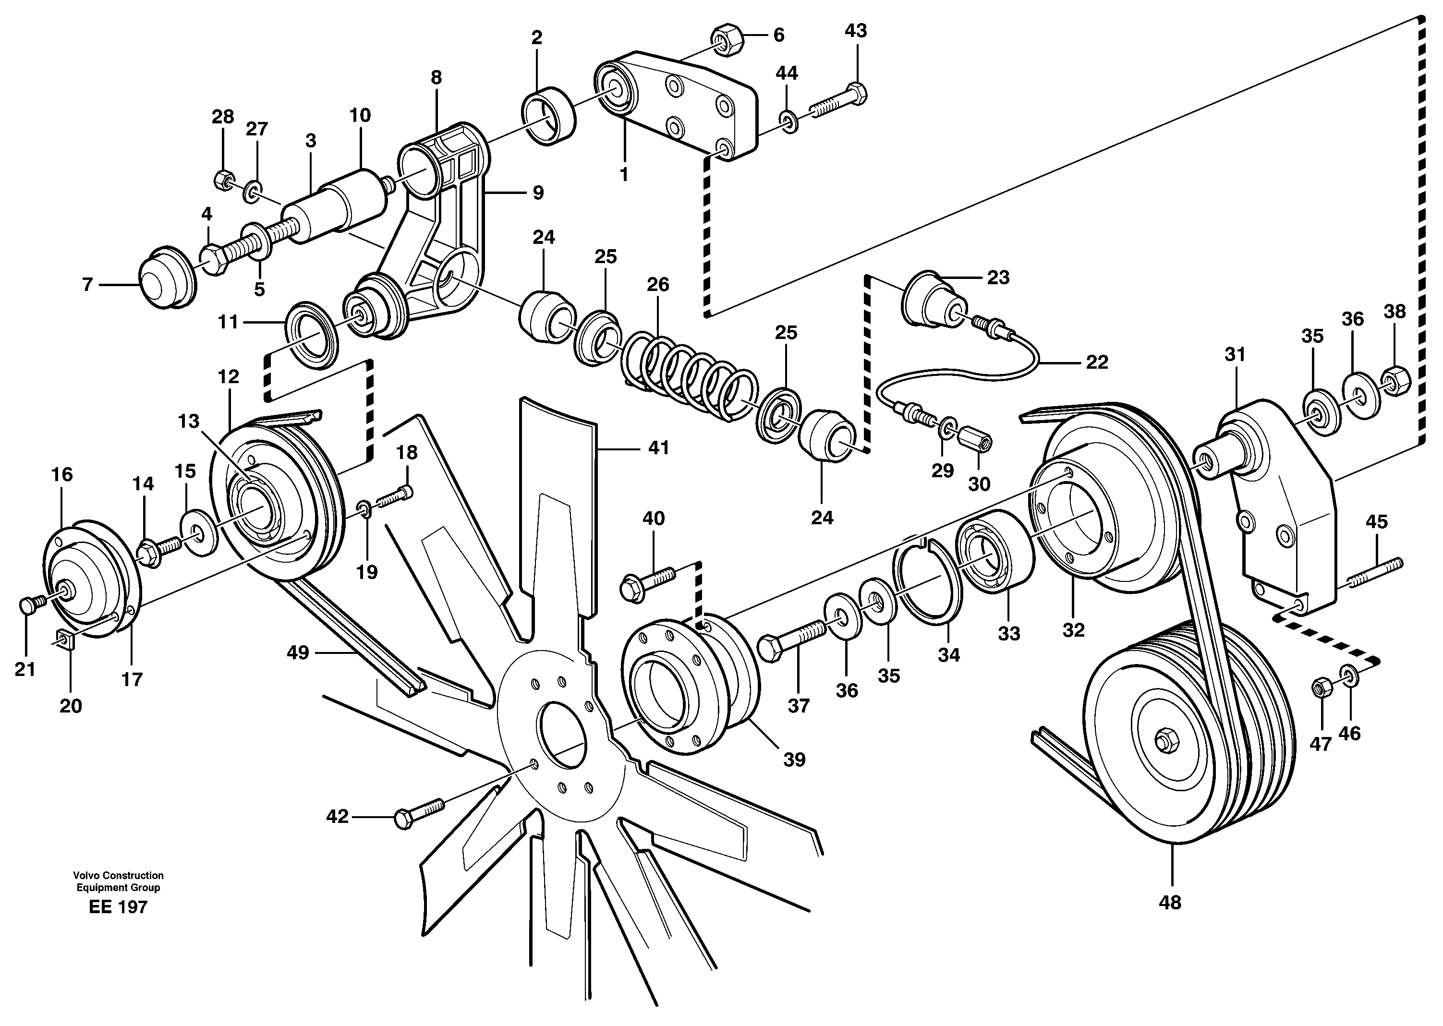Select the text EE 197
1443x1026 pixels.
pos(118,907)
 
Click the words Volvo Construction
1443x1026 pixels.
pos(118,876)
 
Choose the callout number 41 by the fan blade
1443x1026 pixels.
pos(658,448)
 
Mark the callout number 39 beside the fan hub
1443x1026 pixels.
pos(794,760)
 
